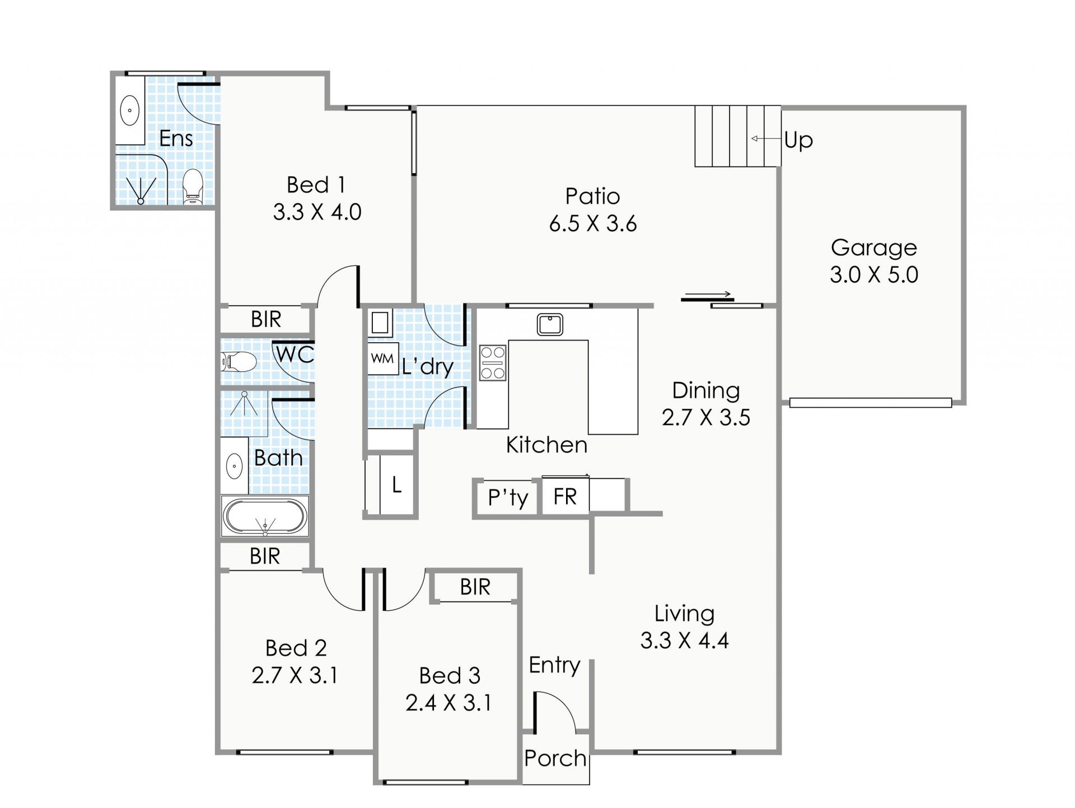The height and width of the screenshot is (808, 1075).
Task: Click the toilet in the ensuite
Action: click(x=192, y=186)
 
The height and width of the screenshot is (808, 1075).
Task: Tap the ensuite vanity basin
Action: click(x=130, y=110)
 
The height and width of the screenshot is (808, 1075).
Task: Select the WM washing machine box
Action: click(x=383, y=358)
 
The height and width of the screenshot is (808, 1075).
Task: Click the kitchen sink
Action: click(x=550, y=325)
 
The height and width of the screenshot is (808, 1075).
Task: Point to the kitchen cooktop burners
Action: click(x=493, y=363)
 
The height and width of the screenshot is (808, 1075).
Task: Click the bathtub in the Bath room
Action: click(x=265, y=516)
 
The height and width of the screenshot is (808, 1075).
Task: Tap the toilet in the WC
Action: click(x=239, y=362)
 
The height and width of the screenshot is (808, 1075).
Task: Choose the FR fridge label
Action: click(x=564, y=497)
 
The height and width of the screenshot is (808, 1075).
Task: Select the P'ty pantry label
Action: click(x=508, y=497)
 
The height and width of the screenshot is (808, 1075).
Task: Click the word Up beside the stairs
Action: click(x=798, y=140)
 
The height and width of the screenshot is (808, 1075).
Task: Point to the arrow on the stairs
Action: click(x=766, y=138)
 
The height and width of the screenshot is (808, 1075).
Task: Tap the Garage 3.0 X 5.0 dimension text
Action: click(x=874, y=275)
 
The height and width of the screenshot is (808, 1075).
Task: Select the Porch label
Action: click(x=555, y=759)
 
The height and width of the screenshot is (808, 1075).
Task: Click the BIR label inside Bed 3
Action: click(x=475, y=587)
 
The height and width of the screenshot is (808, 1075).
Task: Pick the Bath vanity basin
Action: click(x=234, y=465)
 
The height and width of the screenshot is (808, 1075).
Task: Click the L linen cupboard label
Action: click(x=396, y=484)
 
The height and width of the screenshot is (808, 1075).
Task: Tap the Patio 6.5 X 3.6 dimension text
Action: click(x=593, y=224)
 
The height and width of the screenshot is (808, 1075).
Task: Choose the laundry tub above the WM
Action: click(x=380, y=323)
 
